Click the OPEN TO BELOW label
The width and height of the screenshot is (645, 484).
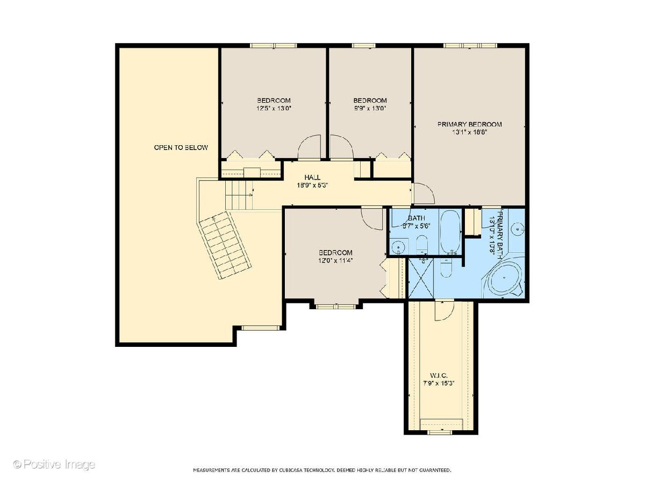coord(181,147)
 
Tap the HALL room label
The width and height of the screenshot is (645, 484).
coord(312,177)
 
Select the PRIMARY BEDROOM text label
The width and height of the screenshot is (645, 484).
coord(469,124)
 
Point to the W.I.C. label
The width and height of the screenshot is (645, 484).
coord(439,375)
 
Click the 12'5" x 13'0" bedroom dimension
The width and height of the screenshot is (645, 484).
coord(274,108)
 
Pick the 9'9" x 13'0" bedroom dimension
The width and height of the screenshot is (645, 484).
coord(370,108)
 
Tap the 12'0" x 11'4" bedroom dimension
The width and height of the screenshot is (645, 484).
coord(335,260)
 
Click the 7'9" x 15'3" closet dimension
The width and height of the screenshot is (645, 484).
coord(439,383)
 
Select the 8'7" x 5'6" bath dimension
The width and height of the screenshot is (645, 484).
coord(416,226)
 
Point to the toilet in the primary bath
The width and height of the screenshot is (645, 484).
coord(446,268)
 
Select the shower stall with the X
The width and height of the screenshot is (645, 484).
coord(421,277)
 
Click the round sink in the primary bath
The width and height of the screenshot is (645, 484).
coord(518,229)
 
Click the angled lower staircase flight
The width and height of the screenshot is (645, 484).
coord(225,245)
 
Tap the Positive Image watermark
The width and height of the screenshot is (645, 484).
coord(54,465)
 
